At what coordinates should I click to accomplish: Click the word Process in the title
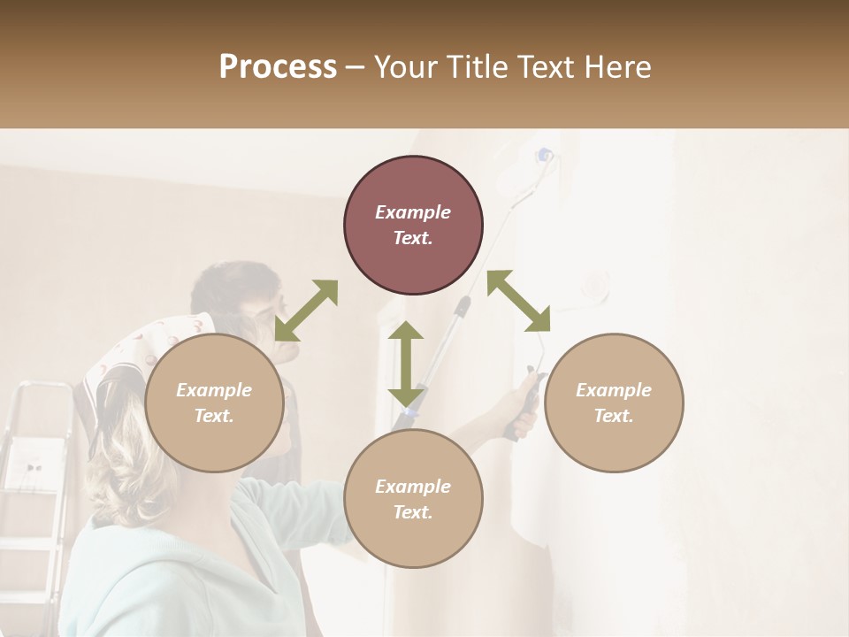(278, 67)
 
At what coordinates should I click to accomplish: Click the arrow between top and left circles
(306, 311)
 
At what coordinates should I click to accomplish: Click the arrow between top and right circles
(518, 301)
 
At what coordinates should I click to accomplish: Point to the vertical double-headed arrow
(406, 364)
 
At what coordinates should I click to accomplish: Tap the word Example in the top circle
(413, 212)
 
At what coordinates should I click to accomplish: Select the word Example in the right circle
(614, 390)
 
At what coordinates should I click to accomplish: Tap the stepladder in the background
(35, 478)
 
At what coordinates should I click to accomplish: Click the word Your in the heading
(406, 67)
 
